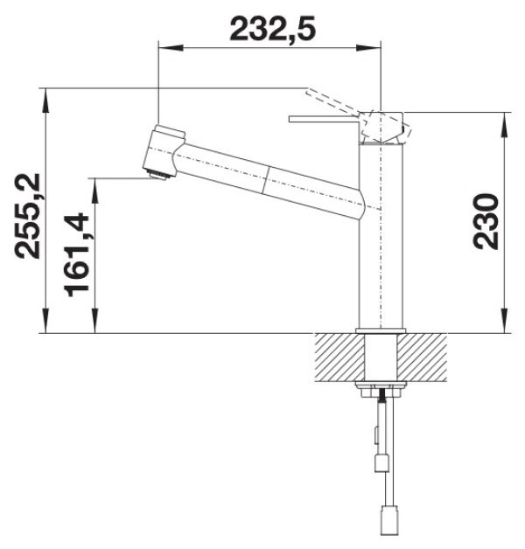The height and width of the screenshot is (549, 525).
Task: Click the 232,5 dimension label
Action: click(272, 28)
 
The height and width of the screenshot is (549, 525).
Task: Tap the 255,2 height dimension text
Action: click(27, 216)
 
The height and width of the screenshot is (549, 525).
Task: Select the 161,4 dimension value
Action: click(76, 254)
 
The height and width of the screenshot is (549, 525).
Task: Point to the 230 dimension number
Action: click(486, 222)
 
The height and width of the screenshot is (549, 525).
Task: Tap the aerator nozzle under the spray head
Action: click(157, 175)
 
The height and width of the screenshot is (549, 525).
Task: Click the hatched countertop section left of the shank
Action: click(339, 357)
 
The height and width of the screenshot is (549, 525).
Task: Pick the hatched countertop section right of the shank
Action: click(422, 357)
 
